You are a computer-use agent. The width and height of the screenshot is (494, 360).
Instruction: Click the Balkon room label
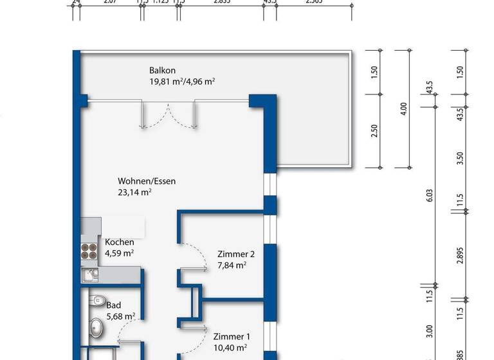tap(163, 70)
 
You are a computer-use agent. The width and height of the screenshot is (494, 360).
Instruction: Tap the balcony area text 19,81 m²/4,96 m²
tap(182, 81)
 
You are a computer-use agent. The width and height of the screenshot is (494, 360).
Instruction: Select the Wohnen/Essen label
tap(146, 181)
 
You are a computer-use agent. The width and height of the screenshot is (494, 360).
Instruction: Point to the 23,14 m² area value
tap(134, 192)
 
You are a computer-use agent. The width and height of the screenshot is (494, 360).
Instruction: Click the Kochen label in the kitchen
tap(120, 242)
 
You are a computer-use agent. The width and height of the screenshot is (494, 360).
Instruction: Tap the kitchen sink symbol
tap(89, 275)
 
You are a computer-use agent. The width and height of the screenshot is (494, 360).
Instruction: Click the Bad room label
tap(113, 305)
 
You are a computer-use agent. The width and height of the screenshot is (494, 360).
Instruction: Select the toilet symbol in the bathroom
tap(97, 300)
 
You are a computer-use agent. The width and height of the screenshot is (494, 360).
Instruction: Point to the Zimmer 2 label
tap(232, 253)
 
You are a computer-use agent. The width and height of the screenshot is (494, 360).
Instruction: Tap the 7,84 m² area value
tap(232, 264)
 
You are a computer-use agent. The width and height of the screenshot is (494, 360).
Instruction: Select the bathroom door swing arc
tap(131, 329)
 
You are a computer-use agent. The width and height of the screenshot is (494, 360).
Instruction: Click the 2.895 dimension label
tap(460, 253)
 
